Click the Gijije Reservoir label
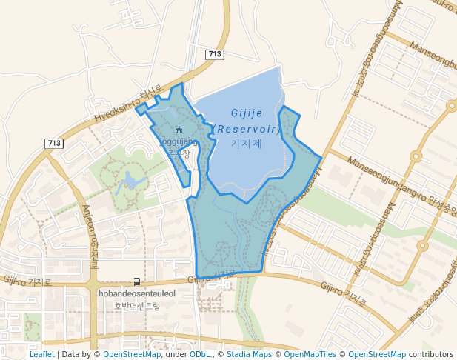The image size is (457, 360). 247,121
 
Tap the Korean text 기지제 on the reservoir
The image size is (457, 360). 247,143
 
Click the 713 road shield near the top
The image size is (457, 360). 215,54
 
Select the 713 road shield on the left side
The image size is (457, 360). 54,143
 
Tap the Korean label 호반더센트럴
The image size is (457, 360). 137,305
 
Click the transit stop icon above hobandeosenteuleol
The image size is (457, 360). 137,281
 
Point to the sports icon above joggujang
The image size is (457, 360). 179,130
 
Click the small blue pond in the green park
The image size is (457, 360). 130,180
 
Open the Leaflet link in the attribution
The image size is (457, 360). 41,354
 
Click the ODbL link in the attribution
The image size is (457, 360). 200,354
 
